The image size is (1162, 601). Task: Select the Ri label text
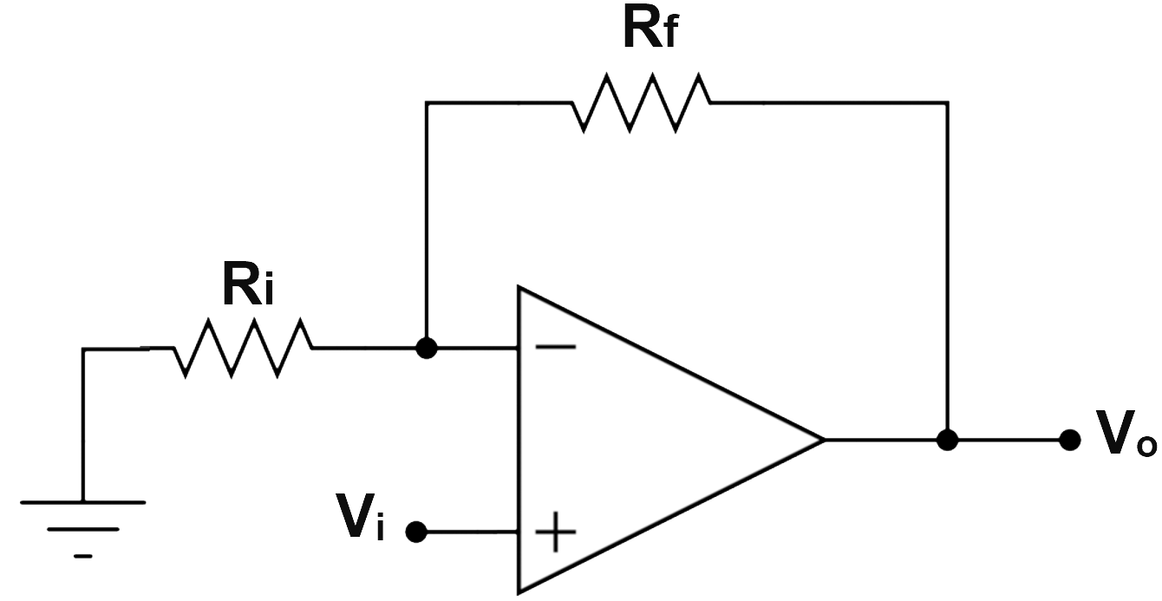click(248, 286)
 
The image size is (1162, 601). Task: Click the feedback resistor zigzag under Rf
click(642, 102)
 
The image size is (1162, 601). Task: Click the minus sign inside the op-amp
click(555, 347)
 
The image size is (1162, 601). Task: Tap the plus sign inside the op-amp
click(555, 532)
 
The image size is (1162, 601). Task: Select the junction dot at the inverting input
click(426, 348)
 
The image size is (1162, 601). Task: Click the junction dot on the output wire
click(948, 440)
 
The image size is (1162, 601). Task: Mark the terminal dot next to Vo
click(1070, 440)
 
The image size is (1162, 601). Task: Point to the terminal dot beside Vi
click(416, 532)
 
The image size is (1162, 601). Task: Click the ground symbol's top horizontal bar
click(82, 501)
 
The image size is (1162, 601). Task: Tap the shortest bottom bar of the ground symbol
click(82, 556)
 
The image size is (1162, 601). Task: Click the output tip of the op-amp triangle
click(821, 440)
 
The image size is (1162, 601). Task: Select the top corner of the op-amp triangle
click(519, 287)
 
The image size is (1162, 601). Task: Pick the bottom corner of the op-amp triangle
click(519, 592)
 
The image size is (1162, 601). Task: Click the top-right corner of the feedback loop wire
click(948, 103)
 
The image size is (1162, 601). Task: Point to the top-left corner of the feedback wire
click(426, 103)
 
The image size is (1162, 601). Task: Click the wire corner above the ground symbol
click(82, 349)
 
